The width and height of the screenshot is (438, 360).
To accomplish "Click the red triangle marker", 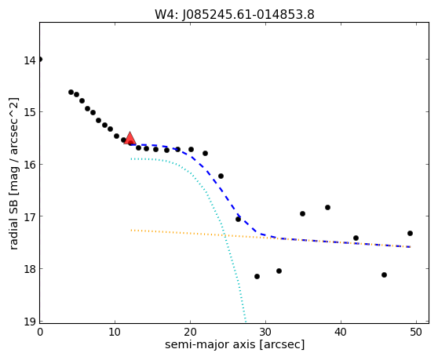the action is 130,138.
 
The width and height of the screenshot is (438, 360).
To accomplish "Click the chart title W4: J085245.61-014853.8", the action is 235,15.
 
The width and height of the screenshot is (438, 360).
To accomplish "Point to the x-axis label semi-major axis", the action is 210,344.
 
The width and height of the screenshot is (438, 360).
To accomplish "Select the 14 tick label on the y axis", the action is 30,60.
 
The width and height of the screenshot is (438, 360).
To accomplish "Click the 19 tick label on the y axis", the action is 30,322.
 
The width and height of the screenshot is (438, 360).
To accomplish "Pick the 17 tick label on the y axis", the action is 30,217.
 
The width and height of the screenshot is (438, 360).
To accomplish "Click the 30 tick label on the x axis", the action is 265,332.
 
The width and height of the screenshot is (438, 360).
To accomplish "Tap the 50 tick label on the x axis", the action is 416,332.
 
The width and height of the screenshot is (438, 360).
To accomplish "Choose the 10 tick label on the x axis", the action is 115,332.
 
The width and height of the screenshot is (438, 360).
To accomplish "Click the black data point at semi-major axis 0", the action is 40,59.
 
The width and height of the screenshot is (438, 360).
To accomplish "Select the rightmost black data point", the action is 410,233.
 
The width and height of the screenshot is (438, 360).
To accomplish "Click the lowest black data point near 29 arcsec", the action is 257,277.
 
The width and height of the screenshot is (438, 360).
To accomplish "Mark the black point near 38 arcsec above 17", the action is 327,207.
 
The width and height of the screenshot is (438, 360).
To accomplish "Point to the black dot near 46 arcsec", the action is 384,275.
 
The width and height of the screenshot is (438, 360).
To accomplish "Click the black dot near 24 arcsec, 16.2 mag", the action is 221,176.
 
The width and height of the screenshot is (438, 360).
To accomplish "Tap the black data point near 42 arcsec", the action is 356,238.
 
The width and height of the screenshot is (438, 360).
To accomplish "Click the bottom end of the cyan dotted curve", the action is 246,322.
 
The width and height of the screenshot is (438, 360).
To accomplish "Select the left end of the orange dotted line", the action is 131,231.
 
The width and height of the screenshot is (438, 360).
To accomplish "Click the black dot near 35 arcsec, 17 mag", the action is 302,214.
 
